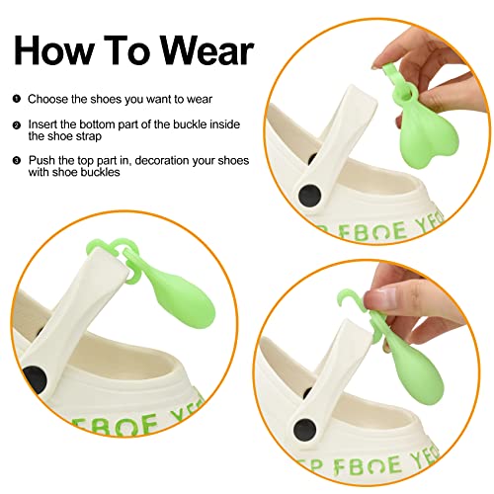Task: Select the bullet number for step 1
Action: [x=17, y=99]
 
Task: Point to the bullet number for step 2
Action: [x=17, y=125]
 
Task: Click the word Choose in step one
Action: [x=47, y=99]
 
